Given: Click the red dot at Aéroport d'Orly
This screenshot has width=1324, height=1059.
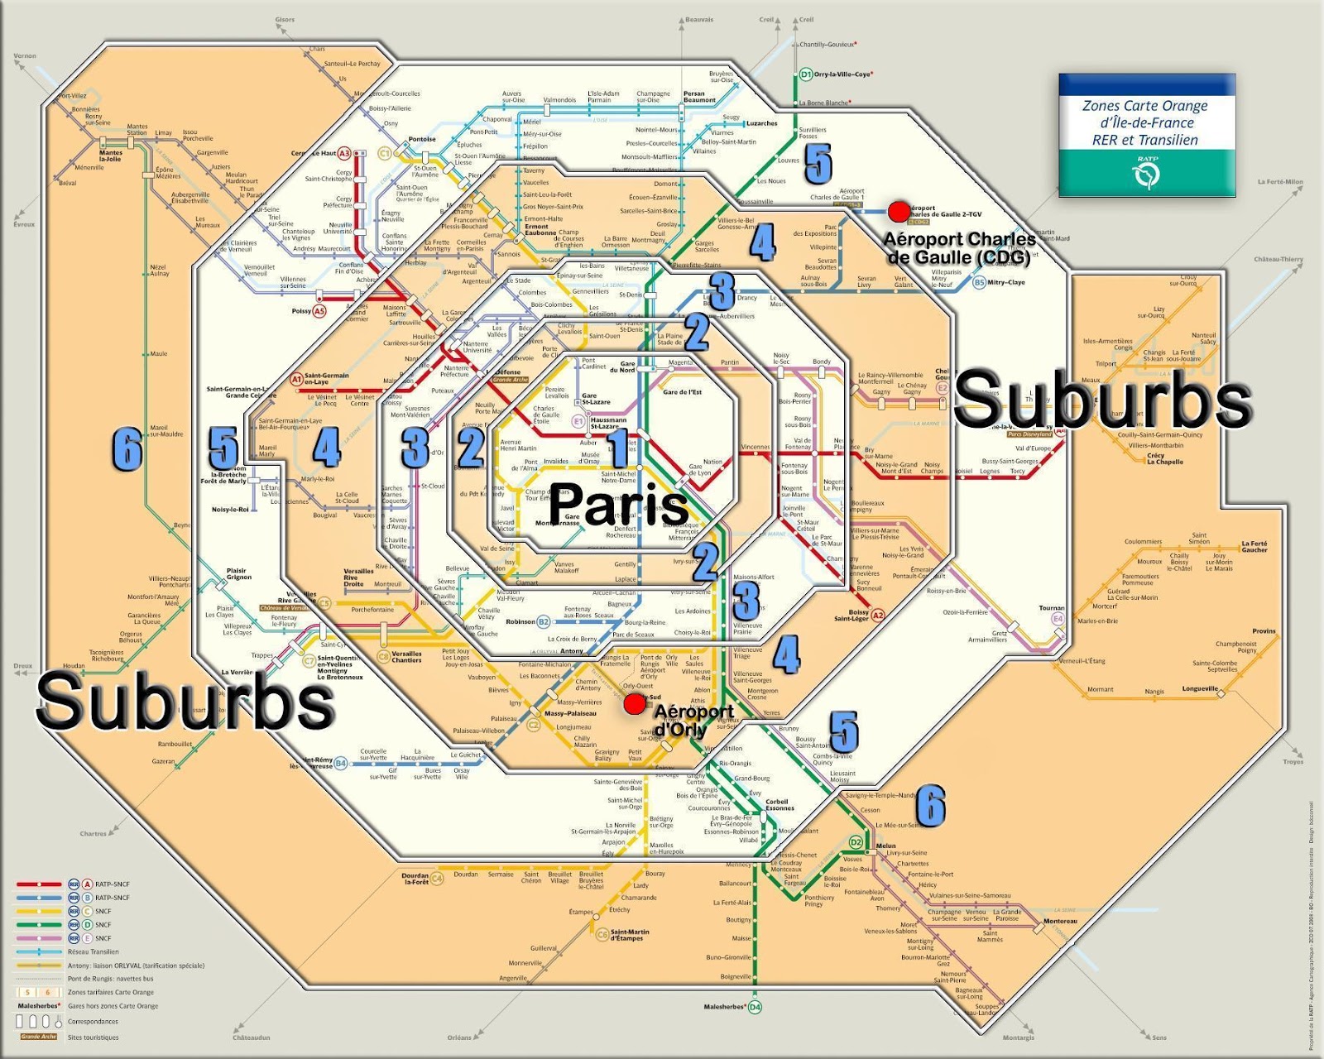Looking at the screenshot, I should pos(634,704).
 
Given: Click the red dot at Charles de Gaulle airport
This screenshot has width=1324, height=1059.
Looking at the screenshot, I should pos(898,212).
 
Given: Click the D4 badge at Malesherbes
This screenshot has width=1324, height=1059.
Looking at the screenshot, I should pos(755,1007).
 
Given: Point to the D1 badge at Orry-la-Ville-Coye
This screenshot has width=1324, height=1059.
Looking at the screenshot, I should pos(806,74).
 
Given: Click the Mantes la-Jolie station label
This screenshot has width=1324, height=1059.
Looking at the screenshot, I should pos(110,156).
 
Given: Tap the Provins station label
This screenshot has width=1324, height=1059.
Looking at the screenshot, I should pos(1264,631).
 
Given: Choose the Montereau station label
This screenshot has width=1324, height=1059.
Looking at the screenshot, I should pos(1060,921).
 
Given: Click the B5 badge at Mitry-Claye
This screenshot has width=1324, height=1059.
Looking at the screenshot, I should pos(979,282).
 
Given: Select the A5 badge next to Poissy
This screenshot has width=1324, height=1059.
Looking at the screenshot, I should pos(319,311).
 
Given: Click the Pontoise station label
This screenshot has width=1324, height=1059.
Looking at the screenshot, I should pos(422,139).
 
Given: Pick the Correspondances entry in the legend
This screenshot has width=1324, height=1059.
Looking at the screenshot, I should pos(93,1021).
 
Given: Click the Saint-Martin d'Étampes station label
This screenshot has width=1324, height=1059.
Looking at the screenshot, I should pos(630,935).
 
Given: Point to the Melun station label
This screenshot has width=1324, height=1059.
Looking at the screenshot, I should pos(885,846).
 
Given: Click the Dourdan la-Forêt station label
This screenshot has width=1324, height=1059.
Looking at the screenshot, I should pos(415,879).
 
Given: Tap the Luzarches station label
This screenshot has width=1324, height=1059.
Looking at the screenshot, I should pos(761,123).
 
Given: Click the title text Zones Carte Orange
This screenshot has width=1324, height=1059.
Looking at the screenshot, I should pos(1145,106).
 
